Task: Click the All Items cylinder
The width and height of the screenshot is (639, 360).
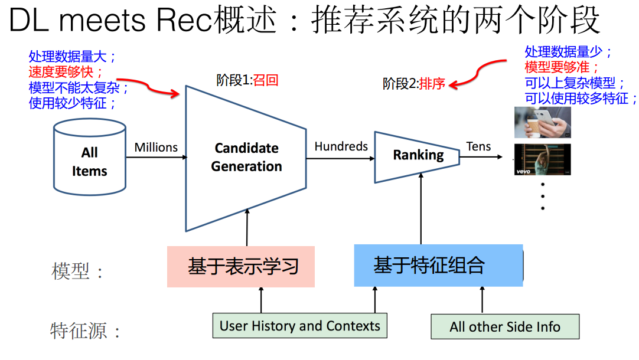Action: coord(89,158)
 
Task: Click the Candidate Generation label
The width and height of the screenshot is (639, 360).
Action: coord(246,158)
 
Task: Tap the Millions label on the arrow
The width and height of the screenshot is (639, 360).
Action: coord(156,148)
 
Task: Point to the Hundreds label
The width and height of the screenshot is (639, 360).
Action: coord(341,146)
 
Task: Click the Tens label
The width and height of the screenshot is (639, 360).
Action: coord(478,146)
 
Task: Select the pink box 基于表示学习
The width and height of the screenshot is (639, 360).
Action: coord(241,267)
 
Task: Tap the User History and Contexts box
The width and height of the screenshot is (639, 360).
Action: coord(299,326)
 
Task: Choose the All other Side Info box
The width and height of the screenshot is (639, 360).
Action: coord(505,327)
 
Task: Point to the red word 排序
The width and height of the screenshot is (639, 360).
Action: coord(432,84)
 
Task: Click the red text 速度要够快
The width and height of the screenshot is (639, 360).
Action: coord(66,73)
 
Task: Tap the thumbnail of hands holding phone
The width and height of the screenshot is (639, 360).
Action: coord(542,123)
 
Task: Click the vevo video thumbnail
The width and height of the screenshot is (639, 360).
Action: coord(542,159)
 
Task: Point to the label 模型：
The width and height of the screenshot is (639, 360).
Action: coord(78,272)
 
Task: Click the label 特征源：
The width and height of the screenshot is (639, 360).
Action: coord(86,330)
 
